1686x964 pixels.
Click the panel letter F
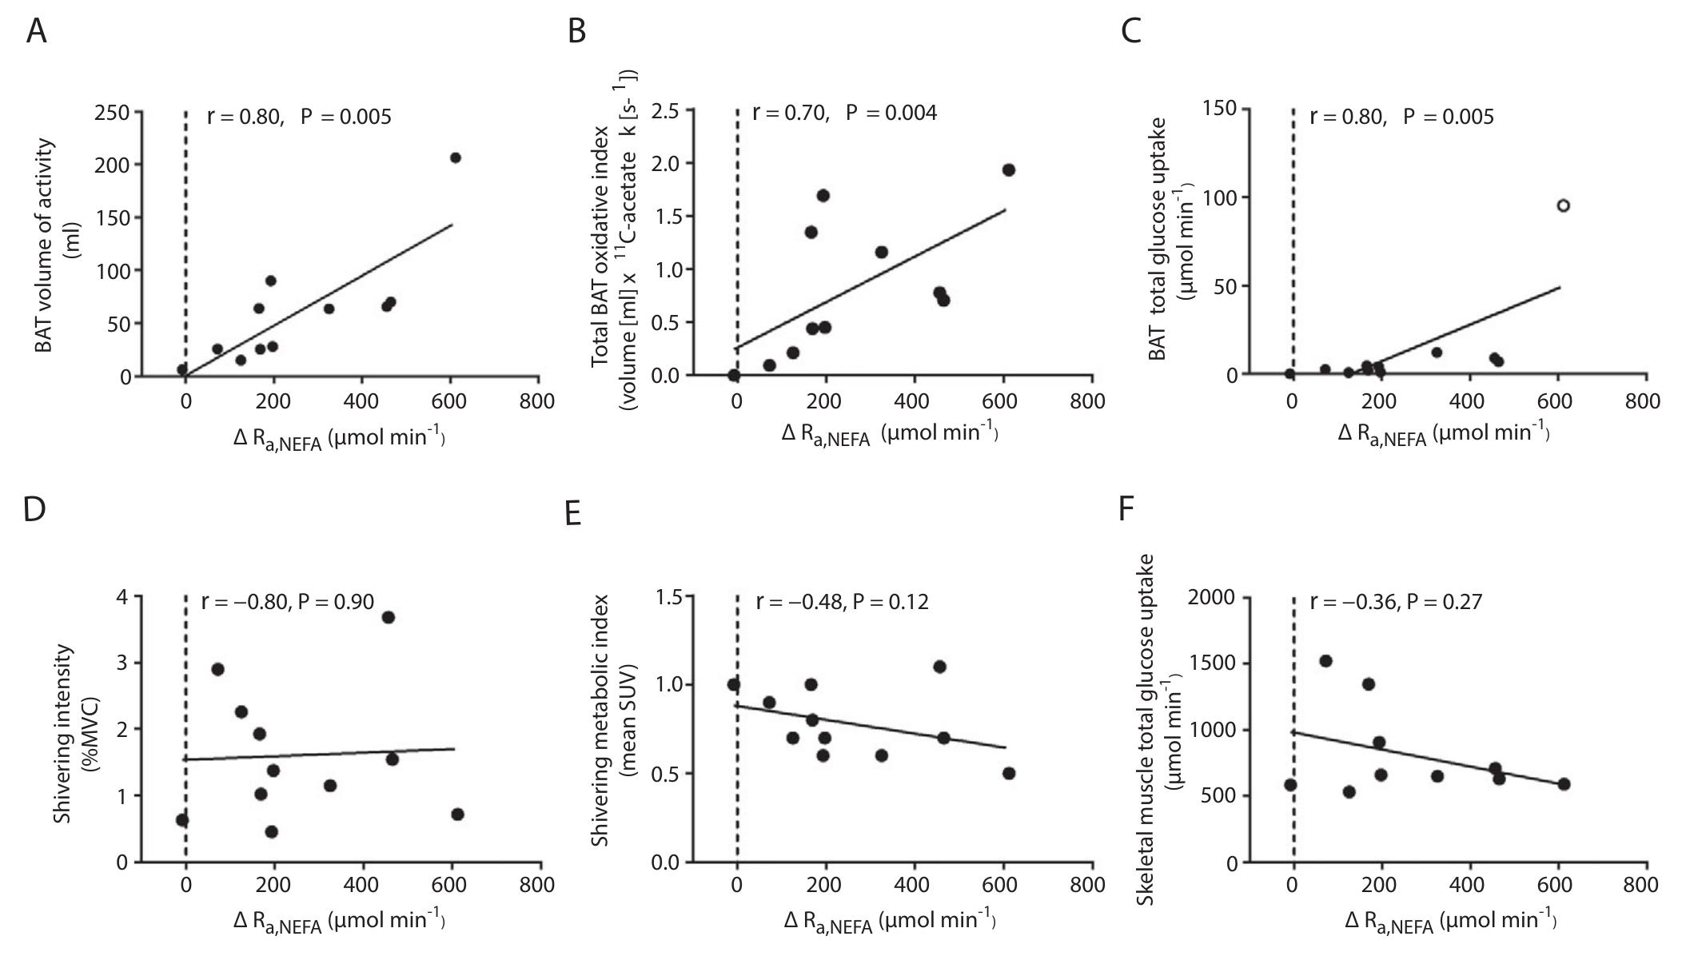tap(1126, 508)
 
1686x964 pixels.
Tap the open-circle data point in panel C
tap(1563, 205)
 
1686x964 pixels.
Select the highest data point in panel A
tap(455, 157)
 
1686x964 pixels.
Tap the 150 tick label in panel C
tap(1219, 109)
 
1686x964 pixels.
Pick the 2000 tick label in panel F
tap(1212, 598)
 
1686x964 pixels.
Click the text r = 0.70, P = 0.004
tap(844, 113)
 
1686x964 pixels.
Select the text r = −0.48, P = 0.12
tap(843, 601)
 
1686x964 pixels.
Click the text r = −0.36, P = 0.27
tap(1396, 601)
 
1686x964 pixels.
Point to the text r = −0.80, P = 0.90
tap(288, 601)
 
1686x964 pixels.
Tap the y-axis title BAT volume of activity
tap(46, 245)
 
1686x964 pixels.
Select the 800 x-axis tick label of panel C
tap(1642, 400)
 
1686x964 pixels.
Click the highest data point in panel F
tap(1325, 661)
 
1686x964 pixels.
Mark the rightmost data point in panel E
tap(1008, 773)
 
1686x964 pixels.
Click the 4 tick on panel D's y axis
tap(122, 597)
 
